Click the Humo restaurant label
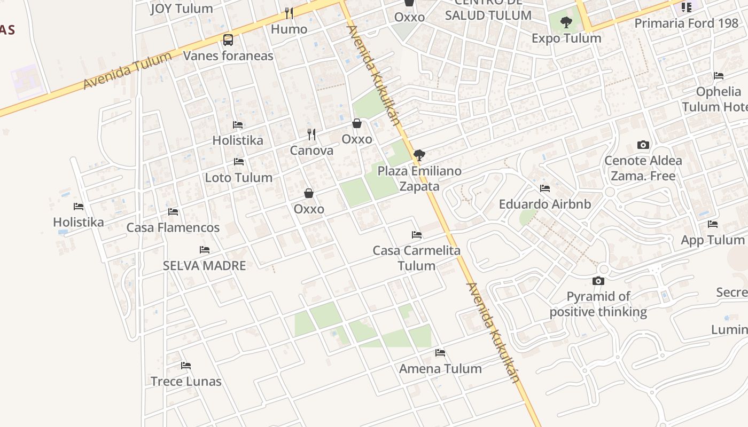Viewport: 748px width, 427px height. [289, 29]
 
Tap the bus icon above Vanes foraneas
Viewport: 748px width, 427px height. [228, 40]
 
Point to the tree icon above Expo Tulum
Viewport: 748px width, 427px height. [566, 22]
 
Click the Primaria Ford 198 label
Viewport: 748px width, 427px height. [686, 23]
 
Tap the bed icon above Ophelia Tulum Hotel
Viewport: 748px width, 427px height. [719, 76]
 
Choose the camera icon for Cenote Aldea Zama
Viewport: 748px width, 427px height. [643, 145]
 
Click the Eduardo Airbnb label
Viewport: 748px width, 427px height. [545, 204]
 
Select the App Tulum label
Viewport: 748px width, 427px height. [712, 240]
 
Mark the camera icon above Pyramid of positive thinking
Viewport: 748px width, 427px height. [598, 281]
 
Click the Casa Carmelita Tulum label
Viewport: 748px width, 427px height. [417, 258]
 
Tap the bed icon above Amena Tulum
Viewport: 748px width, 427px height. [440, 352]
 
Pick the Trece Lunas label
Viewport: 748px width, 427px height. [186, 382]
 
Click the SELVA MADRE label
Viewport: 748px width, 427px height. [204, 265]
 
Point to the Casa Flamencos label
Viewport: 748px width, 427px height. [173, 227]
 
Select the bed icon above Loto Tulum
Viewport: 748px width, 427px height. [239, 161]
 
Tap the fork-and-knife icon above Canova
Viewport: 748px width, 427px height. [311, 134]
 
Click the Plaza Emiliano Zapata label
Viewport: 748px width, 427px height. [419, 178]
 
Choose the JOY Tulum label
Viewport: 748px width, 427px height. [182, 9]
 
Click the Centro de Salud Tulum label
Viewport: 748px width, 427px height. [488, 11]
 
